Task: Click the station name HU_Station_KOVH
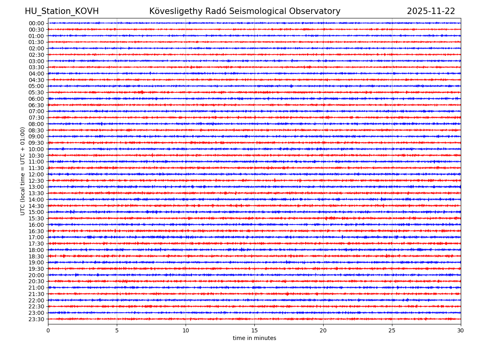click(x=62, y=12)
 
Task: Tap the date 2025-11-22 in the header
click(x=431, y=12)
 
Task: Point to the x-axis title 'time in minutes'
click(x=254, y=338)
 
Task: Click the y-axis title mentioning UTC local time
click(x=23, y=171)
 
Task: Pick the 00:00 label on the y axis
click(x=36, y=23)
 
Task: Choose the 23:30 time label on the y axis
click(x=36, y=319)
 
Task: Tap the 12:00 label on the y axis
click(x=36, y=174)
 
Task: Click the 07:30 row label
click(x=36, y=118)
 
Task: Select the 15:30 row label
click(x=36, y=218)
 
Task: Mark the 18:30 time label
click(x=36, y=256)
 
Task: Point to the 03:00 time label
click(x=36, y=61)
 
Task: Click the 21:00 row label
click(x=36, y=288)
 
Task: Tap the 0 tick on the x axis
click(x=48, y=331)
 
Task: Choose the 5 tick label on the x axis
click(x=117, y=331)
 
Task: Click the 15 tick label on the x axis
click(x=254, y=331)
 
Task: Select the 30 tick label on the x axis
click(x=461, y=331)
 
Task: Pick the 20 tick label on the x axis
click(x=323, y=331)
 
